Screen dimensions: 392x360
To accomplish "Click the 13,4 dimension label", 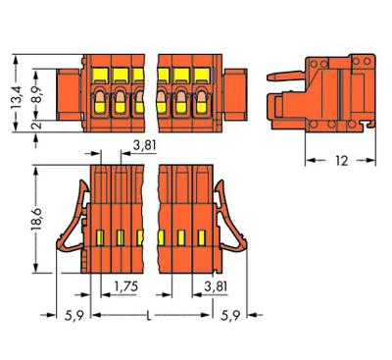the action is pos(16,97).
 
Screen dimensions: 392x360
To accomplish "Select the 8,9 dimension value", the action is pos(38,95).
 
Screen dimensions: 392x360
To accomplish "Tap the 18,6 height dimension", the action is pos(36,219).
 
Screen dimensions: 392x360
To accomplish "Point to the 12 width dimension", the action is pos(342,161).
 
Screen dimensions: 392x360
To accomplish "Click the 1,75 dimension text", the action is pos(126,286).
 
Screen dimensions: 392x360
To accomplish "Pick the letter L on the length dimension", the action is pos(149,316).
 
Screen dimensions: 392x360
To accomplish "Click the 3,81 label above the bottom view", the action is pos(144,145).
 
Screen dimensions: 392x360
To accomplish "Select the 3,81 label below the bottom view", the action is pos(216,286).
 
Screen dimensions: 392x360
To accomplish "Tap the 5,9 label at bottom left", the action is pos(74,316).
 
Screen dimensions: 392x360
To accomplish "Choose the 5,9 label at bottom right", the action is pos(230,316).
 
